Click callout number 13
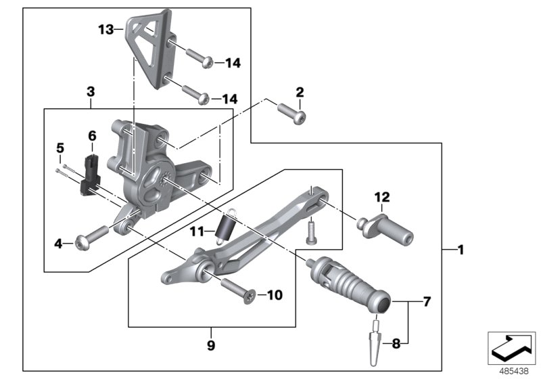tap(105, 29)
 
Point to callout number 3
tap(91, 91)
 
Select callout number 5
tap(60, 147)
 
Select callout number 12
tap(383, 197)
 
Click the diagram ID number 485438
tap(513, 372)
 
